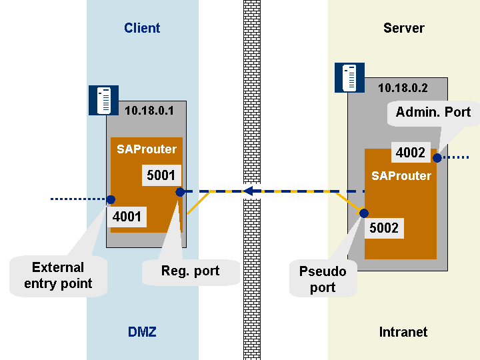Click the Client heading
(142, 28)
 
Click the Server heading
(404, 28)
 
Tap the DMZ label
(142, 331)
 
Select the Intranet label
(403, 331)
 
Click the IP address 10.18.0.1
(149, 111)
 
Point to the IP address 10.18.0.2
(403, 87)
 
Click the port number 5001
(160, 176)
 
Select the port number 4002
(410, 153)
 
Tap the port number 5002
(383, 229)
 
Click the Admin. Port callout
(433, 112)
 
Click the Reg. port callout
(190, 271)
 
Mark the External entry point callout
(58, 275)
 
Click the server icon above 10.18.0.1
(103, 100)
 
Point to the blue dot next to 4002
(437, 158)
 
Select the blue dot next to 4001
(111, 199)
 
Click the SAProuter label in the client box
(147, 149)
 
